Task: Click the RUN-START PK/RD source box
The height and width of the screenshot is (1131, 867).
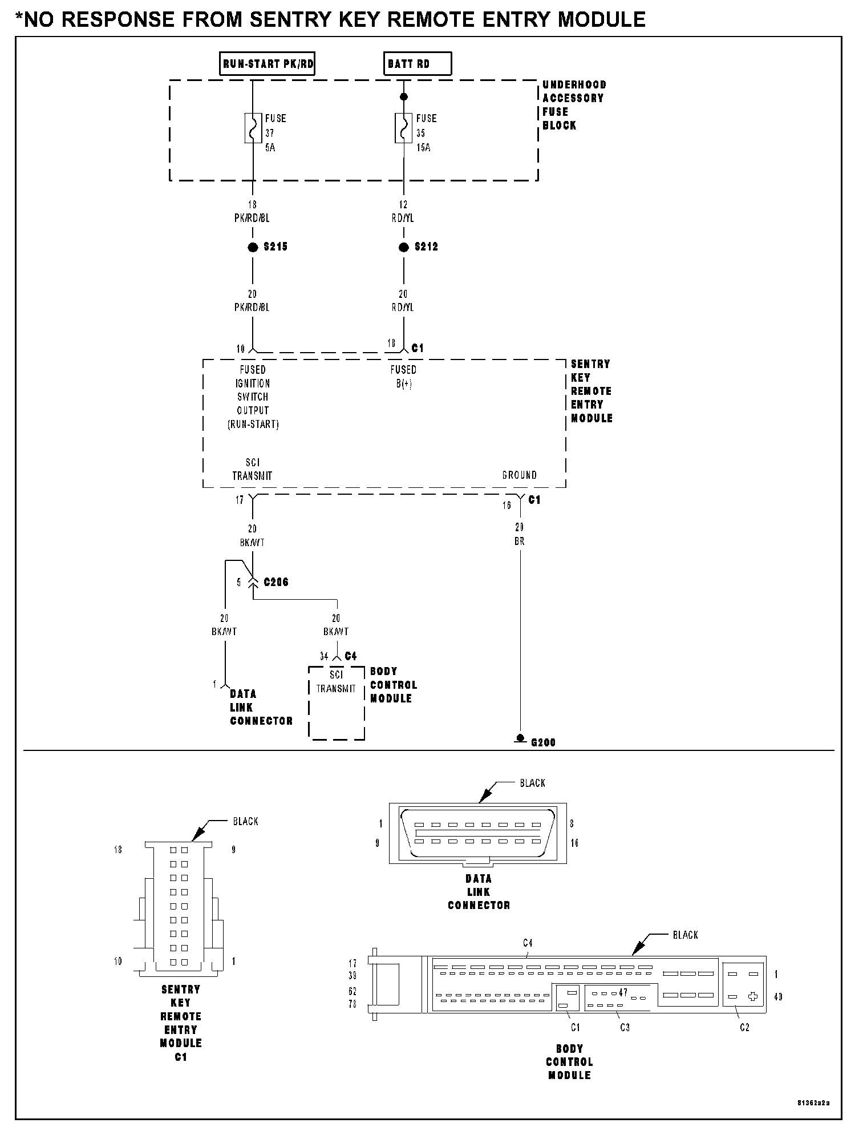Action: pos(268,64)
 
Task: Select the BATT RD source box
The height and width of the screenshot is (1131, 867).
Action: pos(417,64)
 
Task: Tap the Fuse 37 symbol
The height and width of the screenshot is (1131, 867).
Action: pos(253,128)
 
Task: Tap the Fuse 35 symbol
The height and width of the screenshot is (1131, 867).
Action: pos(404,128)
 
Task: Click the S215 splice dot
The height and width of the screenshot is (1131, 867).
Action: pos(253,247)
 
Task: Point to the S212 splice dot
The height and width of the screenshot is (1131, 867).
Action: pos(404,247)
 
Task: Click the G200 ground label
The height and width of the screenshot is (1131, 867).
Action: pos(542,742)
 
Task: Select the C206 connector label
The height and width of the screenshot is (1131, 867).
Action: pos(276,582)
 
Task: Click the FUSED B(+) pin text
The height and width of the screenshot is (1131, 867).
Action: pos(403,377)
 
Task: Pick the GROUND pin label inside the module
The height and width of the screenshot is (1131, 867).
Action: pos(519,475)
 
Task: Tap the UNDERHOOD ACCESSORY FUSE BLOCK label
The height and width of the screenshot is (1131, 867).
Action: pos(573,105)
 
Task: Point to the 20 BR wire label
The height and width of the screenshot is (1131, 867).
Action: pos(519,534)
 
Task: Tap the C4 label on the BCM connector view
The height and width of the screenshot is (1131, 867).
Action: pos(528,943)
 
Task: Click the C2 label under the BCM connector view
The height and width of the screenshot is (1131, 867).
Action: pos(744,1027)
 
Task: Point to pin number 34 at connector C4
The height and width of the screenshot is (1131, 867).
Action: pos(324,656)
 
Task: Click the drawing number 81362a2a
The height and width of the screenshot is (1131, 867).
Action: pos(813,1102)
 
